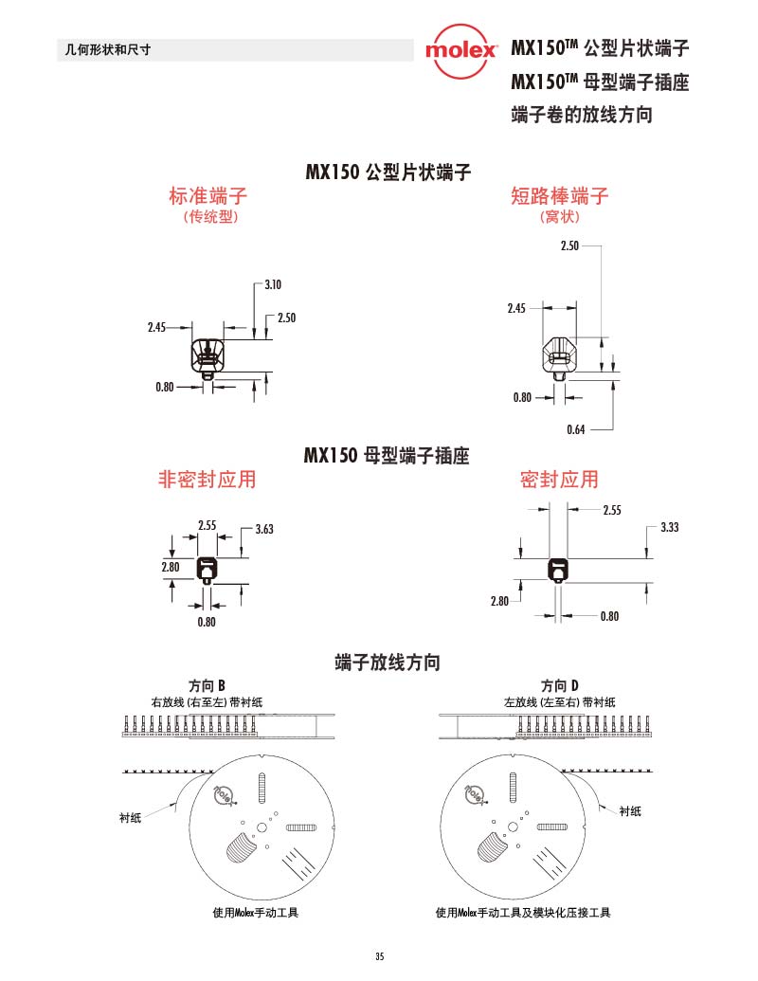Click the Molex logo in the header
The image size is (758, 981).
(x=460, y=50)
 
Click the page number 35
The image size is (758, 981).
(x=379, y=955)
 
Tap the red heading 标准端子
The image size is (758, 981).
(x=208, y=196)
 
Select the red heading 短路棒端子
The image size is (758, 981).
(x=559, y=196)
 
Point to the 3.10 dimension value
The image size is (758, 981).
(x=274, y=284)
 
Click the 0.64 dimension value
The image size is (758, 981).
(x=575, y=429)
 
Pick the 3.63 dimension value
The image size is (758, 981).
(x=264, y=529)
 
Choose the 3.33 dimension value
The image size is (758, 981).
(x=669, y=527)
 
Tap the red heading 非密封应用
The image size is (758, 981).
(x=207, y=480)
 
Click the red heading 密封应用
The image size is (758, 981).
(x=559, y=480)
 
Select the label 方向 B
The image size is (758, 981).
(x=208, y=685)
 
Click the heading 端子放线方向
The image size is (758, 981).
(x=388, y=662)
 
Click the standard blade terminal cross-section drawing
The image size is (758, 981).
(x=207, y=355)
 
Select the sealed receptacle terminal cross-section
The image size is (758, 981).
(x=559, y=570)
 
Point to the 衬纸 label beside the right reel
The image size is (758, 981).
(x=630, y=810)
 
